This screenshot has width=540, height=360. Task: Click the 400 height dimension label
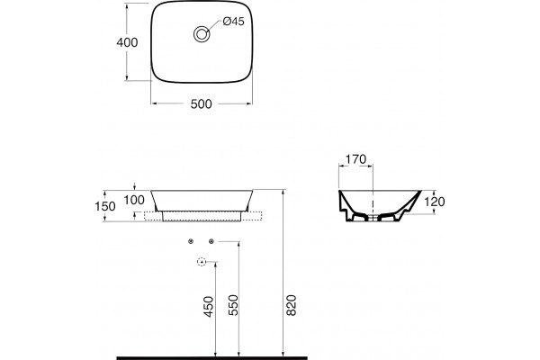(127, 42)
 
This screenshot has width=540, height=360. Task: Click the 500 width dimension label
(202, 103)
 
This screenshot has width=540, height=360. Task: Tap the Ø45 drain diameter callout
(233, 22)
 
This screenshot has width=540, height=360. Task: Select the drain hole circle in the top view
(202, 34)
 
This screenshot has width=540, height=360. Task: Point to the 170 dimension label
(355, 159)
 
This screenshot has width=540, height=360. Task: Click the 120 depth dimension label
(435, 202)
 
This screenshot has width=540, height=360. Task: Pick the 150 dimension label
(105, 206)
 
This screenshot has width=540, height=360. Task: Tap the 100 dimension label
(134, 200)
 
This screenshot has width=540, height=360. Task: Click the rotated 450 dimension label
(209, 307)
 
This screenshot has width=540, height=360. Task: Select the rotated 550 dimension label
(233, 305)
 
